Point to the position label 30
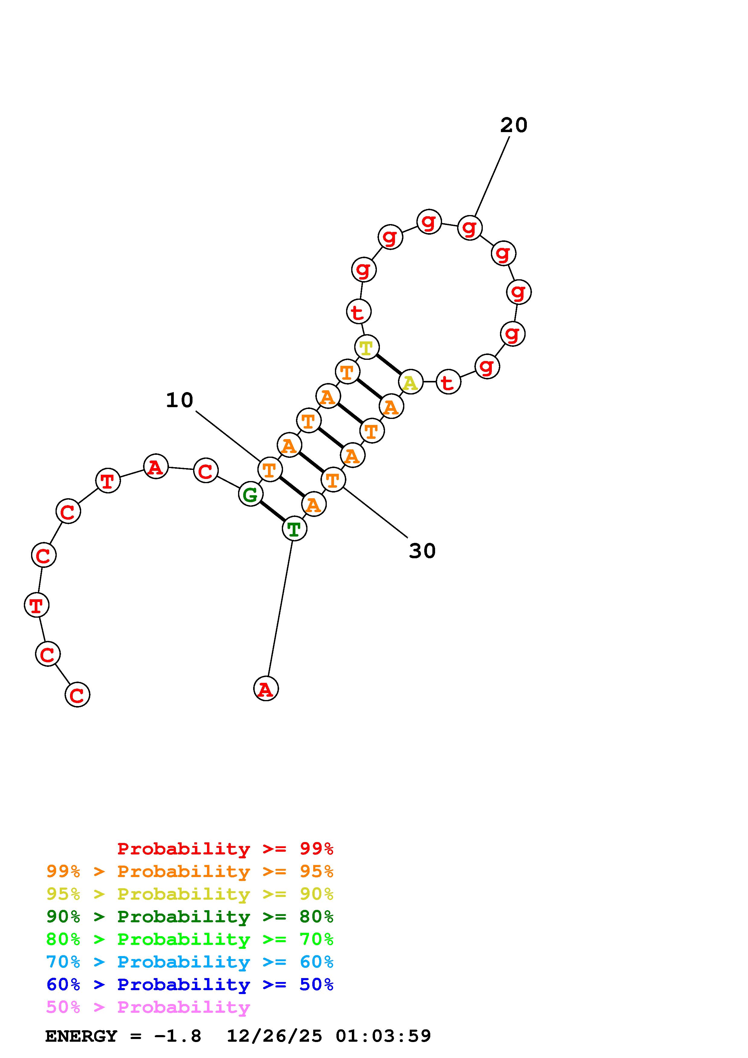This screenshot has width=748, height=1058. pos(422,551)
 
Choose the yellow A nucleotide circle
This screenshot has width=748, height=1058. pos(410,382)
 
